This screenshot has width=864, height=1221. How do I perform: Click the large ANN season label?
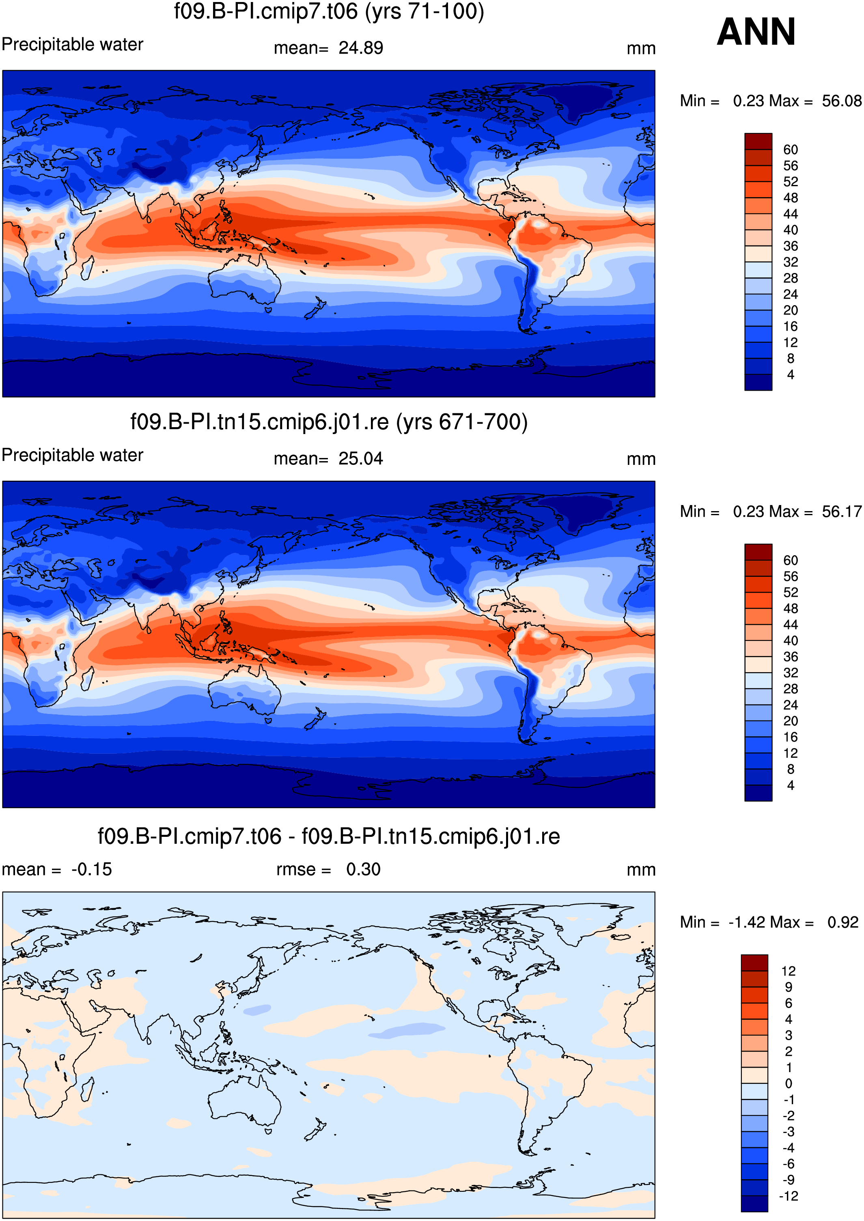click(x=756, y=32)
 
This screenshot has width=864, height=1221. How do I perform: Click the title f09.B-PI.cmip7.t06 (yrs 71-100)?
click(x=329, y=11)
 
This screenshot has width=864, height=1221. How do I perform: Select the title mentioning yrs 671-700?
click(x=329, y=422)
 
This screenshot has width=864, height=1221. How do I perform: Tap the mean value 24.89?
click(x=361, y=48)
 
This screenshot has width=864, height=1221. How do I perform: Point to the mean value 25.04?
click(x=361, y=458)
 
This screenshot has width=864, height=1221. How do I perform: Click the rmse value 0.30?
click(x=363, y=869)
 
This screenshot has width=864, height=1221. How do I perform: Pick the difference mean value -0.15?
click(x=91, y=869)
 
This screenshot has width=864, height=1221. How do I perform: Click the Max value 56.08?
click(x=841, y=101)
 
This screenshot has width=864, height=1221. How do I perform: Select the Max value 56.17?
click(x=841, y=512)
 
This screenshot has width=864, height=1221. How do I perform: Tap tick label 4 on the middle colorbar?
click(x=791, y=785)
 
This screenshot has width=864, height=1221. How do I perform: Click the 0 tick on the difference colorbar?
click(x=789, y=1083)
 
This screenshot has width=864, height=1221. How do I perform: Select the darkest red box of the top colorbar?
click(x=758, y=142)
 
